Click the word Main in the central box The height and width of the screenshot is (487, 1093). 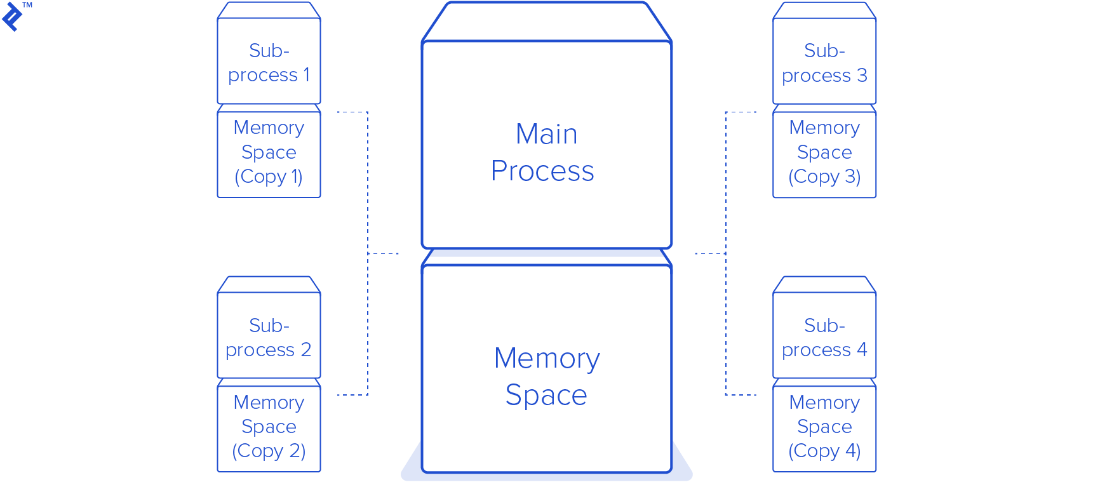[546, 135]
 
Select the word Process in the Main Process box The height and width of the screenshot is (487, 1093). [542, 171]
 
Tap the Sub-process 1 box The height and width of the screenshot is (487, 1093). [269, 62]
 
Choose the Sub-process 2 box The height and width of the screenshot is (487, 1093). [269, 336]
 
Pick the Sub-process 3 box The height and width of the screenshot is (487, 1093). [824, 62]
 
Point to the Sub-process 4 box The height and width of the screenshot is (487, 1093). [824, 336]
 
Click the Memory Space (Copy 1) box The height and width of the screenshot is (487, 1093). [269, 152]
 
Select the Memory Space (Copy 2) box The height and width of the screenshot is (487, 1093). [269, 427]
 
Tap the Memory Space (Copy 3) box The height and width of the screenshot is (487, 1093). [824, 152]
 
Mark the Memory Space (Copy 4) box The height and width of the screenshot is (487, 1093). [824, 427]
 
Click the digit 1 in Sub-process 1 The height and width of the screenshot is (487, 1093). [307, 75]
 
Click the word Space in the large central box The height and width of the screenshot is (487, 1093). [546, 396]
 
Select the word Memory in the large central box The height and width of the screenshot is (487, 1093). [547, 359]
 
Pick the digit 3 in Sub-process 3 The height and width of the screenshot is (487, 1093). [862, 76]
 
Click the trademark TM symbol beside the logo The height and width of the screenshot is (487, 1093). [27, 5]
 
